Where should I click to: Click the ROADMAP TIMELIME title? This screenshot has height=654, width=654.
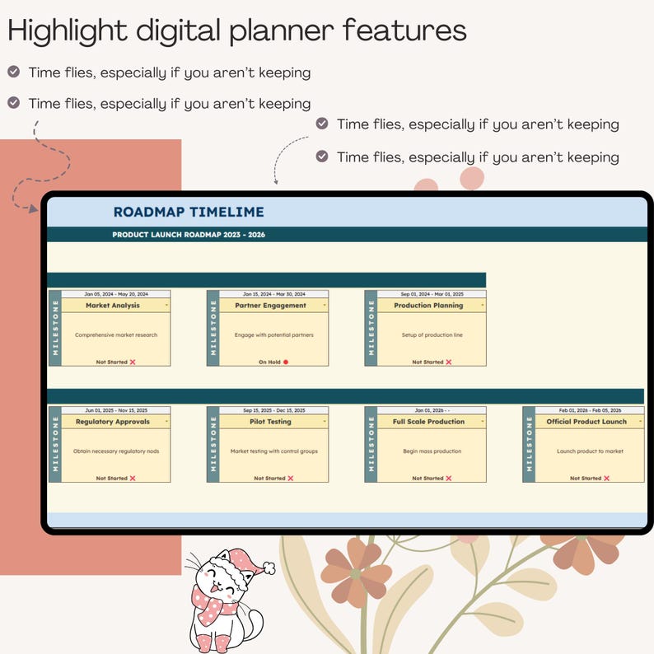pyautogui.click(x=189, y=213)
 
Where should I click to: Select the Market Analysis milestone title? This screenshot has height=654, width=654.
pyautogui.click(x=113, y=305)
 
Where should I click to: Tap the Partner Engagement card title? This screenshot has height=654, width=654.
pyautogui.click(x=270, y=305)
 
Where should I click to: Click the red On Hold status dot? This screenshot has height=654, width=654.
pyautogui.click(x=286, y=362)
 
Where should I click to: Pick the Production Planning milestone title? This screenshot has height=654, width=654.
pyautogui.click(x=428, y=305)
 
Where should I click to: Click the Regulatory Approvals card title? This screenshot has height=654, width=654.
pyautogui.click(x=113, y=421)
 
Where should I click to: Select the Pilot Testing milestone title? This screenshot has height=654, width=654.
pyautogui.click(x=270, y=421)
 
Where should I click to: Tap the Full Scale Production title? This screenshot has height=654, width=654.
pyautogui.click(x=428, y=421)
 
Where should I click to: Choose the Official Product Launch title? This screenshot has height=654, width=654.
pyautogui.click(x=586, y=421)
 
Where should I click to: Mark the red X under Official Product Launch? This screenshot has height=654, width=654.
pyautogui.click(x=607, y=478)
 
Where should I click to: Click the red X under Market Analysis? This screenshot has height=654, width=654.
pyautogui.click(x=133, y=362)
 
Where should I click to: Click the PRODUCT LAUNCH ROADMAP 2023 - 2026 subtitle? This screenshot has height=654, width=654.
pyautogui.click(x=189, y=235)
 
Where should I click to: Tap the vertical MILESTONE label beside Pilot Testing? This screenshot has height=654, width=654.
pyautogui.click(x=213, y=444)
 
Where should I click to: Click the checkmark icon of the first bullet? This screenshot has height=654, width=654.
pyautogui.click(x=14, y=72)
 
